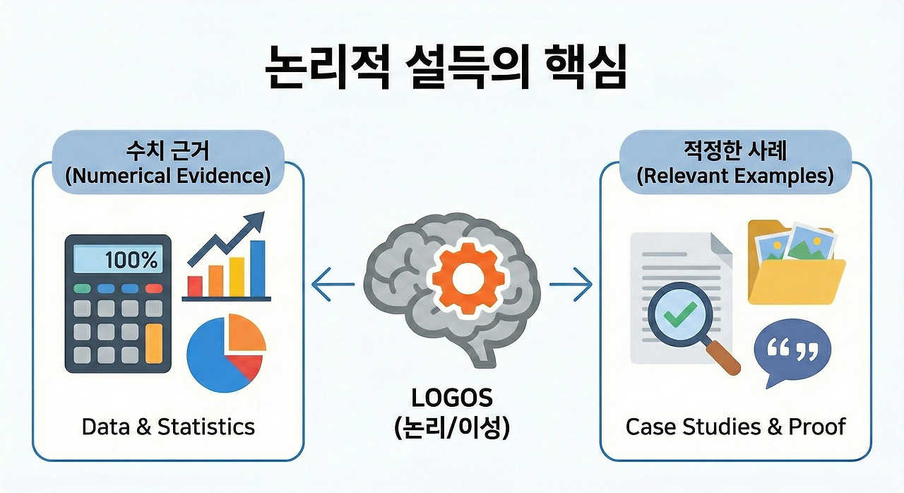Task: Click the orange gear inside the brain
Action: pyautogui.click(x=464, y=281)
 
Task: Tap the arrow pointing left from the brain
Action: pyautogui.click(x=333, y=285)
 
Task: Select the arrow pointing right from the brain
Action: pyautogui.click(x=571, y=285)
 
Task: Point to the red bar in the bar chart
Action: pyautogui.click(x=194, y=285)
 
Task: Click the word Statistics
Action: pyautogui.click(x=206, y=427)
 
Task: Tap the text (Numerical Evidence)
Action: pyautogui.click(x=168, y=176)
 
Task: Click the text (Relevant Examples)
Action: pyautogui.click(x=734, y=176)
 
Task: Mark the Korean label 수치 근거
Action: pyautogui.click(x=168, y=150)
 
